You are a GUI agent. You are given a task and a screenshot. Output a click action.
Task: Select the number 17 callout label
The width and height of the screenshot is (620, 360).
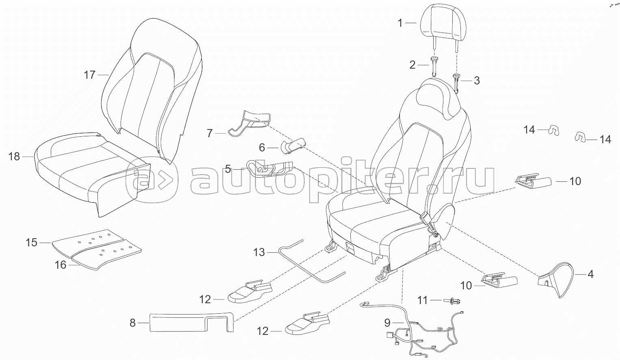(x=90, y=75)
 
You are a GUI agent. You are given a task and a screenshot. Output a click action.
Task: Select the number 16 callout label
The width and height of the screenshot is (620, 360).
(x=60, y=265)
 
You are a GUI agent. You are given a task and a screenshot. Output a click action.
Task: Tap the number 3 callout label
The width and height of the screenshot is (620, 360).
(x=477, y=80)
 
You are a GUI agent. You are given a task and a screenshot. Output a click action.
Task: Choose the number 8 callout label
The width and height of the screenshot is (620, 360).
(x=132, y=323)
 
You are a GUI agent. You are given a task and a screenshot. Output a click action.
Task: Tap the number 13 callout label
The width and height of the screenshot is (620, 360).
(x=259, y=252)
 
